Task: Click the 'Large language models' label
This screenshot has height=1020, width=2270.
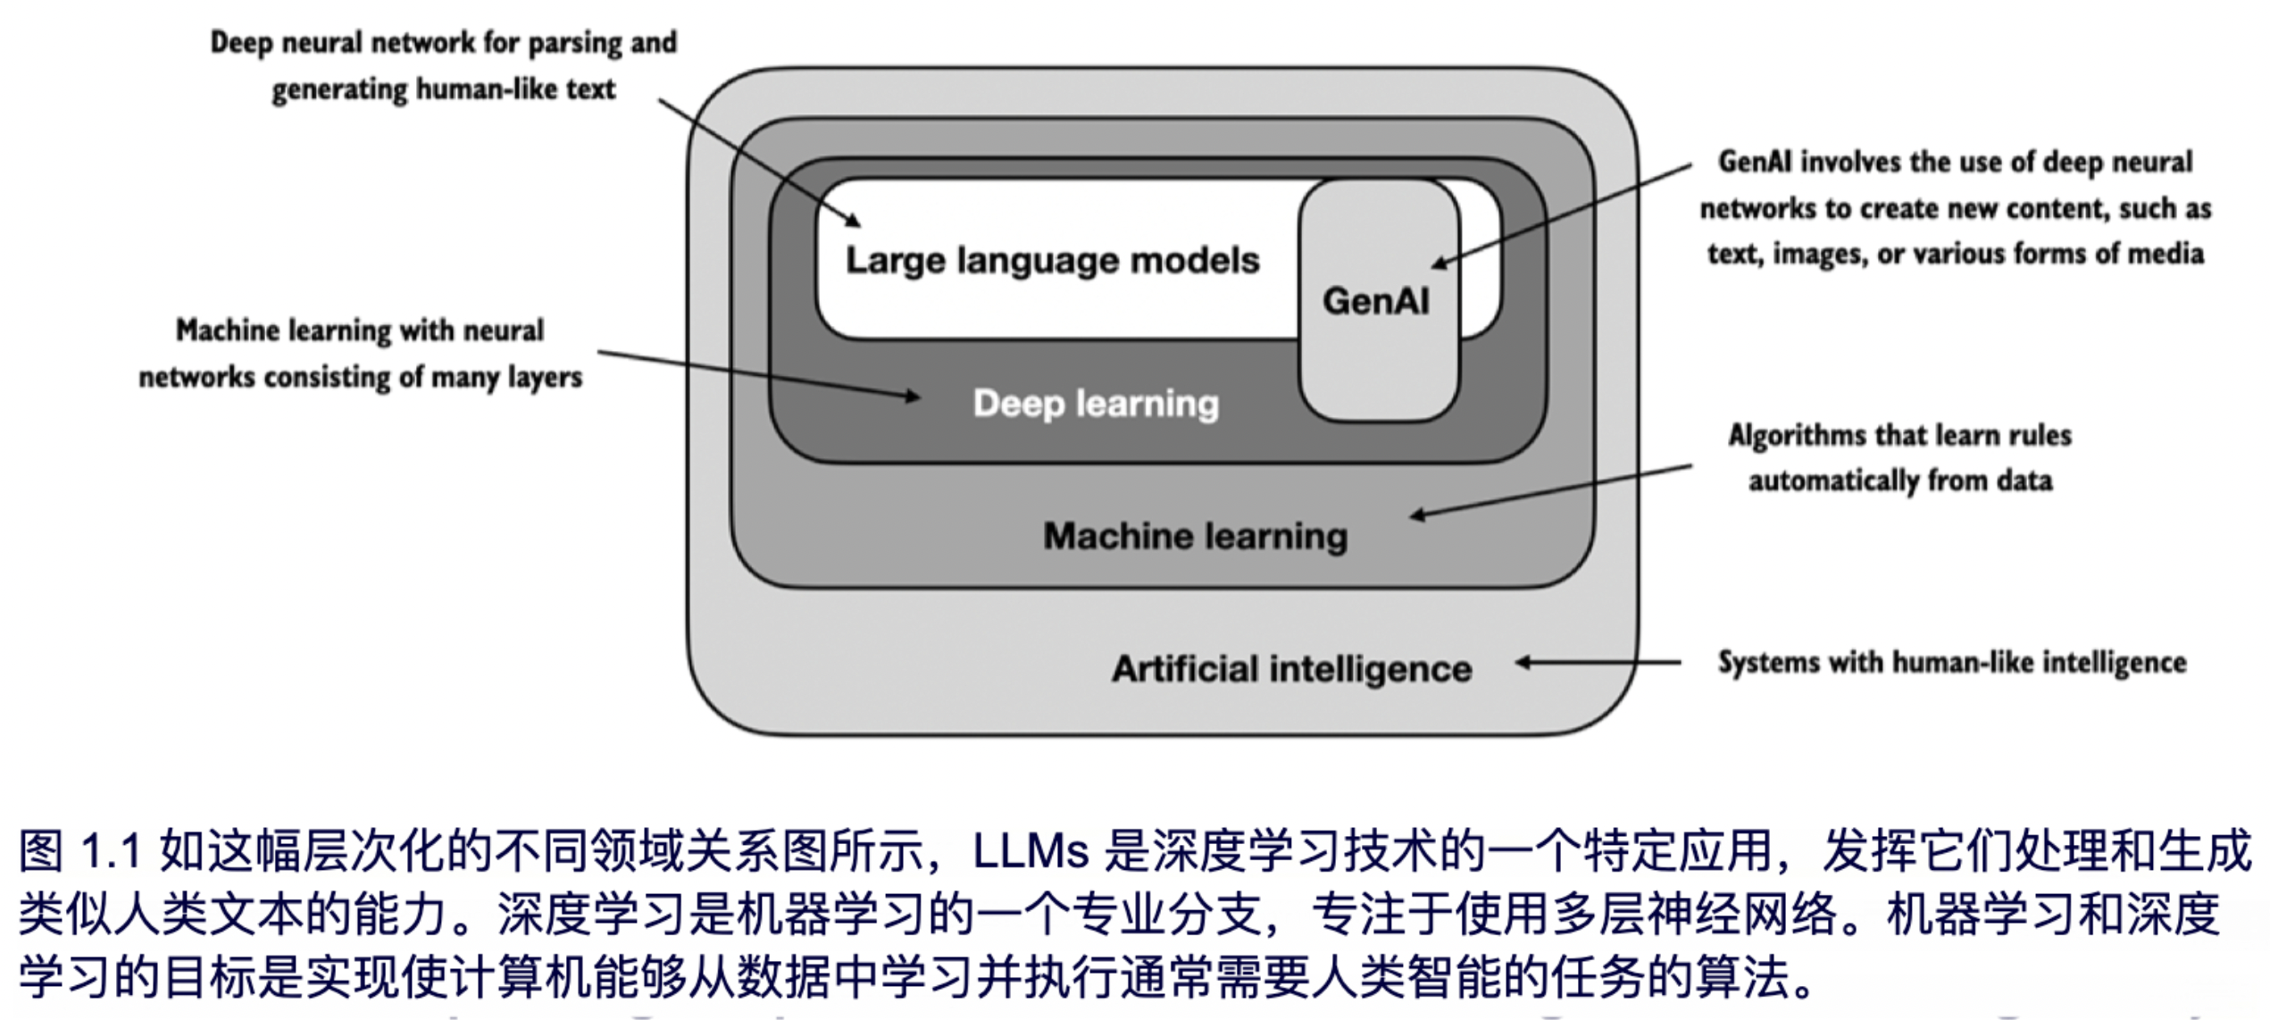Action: [1052, 261]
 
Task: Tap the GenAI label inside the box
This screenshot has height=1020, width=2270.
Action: [1375, 302]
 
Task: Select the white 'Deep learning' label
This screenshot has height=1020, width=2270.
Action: [1096, 404]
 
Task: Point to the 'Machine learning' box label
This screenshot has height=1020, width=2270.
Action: [1195, 536]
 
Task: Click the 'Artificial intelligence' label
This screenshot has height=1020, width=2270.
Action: [1291, 669]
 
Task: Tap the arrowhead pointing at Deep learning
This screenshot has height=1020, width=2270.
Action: [912, 397]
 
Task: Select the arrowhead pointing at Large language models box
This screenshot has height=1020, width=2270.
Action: [854, 220]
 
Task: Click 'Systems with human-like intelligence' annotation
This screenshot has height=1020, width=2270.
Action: [1952, 663]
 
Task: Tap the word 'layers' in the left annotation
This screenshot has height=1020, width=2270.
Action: [545, 378]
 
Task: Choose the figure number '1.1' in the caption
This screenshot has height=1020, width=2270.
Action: [111, 851]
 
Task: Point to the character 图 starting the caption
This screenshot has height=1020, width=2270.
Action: [41, 851]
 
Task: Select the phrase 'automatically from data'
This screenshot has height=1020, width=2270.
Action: [1900, 481]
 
